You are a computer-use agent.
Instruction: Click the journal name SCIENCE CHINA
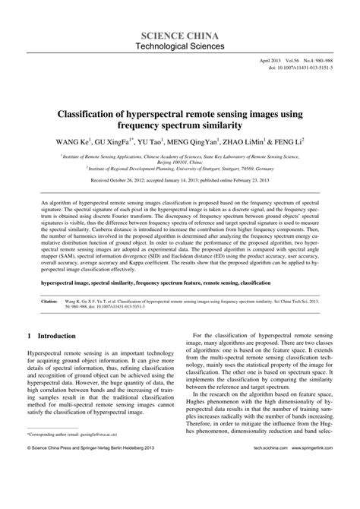179,36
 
